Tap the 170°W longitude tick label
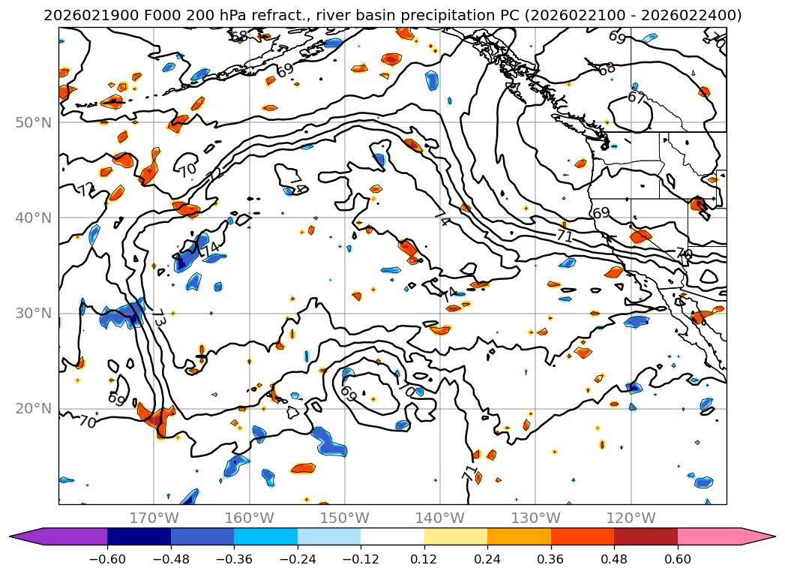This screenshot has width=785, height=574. click(154, 518)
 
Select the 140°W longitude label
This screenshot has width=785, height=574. click(439, 518)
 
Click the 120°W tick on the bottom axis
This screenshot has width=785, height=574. click(630, 518)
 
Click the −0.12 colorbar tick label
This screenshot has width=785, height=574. click(361, 559)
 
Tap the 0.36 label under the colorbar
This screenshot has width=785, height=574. click(551, 559)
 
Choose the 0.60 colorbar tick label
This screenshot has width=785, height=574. click(678, 559)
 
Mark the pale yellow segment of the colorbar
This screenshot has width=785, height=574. click(456, 536)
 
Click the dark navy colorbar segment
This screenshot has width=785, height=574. click(139, 536)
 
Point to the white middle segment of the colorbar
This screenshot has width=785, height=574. click(392, 536)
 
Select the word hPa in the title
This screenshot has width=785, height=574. click(197, 15)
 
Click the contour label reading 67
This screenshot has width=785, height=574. click(637, 98)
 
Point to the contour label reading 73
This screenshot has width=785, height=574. click(158, 317)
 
